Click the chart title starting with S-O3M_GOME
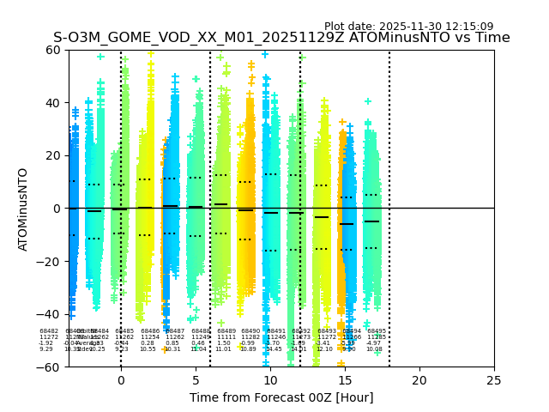[x=281, y=38]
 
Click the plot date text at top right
[x=408, y=27]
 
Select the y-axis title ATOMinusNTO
[x=23, y=209]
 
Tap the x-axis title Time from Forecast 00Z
[x=281, y=397]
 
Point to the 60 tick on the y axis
[x=53, y=50]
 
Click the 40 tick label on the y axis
[x=53, y=103]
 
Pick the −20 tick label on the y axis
[x=50, y=262]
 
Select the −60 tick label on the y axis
[x=50, y=367]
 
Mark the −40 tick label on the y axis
[x=50, y=314]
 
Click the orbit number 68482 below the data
[x=49, y=331]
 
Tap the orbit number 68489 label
[x=226, y=331]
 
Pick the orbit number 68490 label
[x=250, y=331]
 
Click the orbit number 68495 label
[x=377, y=331]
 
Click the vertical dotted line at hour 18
[x=389, y=172]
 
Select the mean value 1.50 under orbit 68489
[x=223, y=343]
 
